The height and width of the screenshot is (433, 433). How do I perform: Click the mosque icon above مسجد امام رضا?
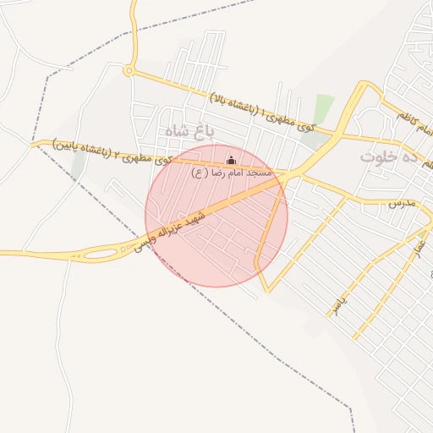point(232,160)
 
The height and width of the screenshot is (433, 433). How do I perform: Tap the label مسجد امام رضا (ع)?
point(231,173)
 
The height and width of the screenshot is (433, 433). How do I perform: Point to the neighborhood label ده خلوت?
point(389,156)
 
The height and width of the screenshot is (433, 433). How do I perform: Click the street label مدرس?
point(403,204)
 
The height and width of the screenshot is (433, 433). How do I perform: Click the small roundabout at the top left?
point(129,71)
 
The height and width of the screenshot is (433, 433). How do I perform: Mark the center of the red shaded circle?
point(216,216)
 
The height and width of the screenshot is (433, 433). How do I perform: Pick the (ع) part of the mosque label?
point(199,173)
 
